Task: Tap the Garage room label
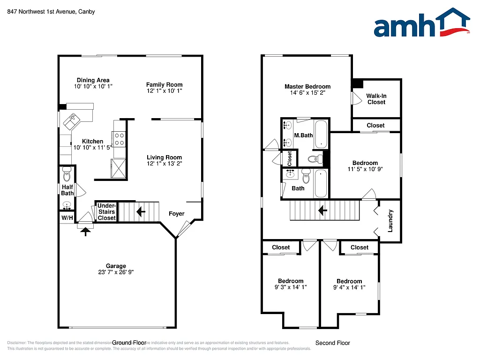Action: (x=115, y=266)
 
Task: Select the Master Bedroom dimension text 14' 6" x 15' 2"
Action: (x=307, y=93)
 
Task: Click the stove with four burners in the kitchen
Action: (x=120, y=139)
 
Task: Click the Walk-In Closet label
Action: (x=376, y=99)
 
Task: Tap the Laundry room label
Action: (x=390, y=220)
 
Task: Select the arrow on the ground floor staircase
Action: (x=140, y=212)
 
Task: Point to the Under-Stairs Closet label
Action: (x=106, y=212)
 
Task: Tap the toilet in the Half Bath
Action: (x=67, y=175)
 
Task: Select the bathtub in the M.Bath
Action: (x=321, y=134)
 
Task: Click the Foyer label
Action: (x=176, y=214)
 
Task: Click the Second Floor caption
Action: (x=332, y=343)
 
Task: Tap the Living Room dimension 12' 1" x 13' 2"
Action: (x=164, y=164)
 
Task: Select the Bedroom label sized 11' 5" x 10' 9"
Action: (x=365, y=163)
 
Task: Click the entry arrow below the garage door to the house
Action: (x=85, y=231)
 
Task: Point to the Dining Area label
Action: (x=93, y=80)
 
